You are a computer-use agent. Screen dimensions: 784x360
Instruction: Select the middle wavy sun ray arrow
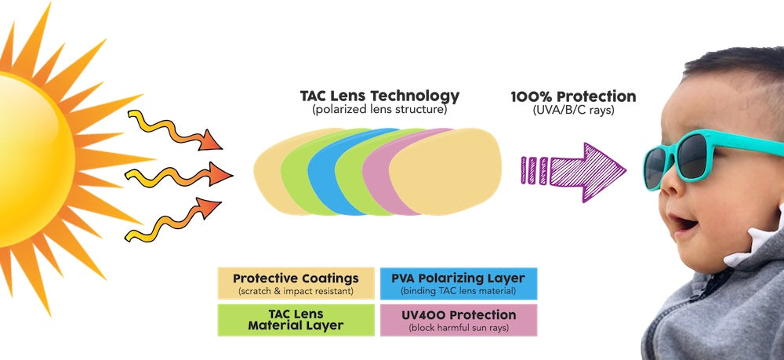(179, 175)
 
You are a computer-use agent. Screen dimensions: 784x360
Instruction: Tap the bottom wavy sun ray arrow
(173, 220)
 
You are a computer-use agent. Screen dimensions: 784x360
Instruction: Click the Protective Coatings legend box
(296, 283)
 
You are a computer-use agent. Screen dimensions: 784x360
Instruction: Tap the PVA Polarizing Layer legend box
(459, 283)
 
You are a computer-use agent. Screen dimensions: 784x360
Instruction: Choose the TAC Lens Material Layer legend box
(296, 320)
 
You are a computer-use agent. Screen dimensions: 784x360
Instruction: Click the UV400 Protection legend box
(459, 320)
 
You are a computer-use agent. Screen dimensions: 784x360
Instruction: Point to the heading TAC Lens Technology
(379, 96)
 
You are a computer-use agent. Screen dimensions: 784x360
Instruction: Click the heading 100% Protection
(574, 96)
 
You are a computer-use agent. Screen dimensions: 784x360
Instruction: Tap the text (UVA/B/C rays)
(574, 110)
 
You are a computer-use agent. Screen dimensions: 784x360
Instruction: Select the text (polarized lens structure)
(379, 110)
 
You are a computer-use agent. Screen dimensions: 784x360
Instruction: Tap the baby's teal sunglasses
(710, 157)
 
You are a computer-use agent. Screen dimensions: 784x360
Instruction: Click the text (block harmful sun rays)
(459, 328)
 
